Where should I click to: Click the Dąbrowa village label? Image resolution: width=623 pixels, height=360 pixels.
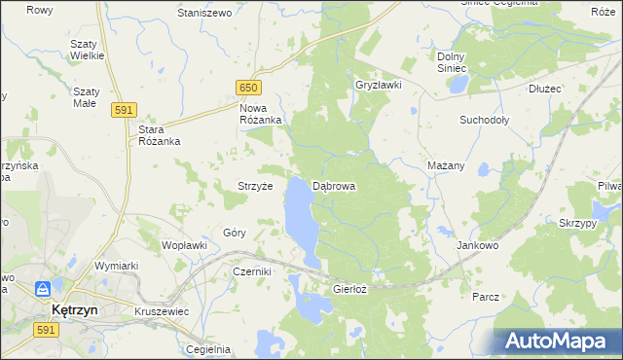click(x=334, y=185)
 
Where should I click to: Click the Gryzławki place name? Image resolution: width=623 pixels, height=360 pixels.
click(x=379, y=85)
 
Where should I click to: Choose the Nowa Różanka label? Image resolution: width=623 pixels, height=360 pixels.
click(x=260, y=114)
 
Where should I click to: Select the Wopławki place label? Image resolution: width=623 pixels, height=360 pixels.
click(x=184, y=245)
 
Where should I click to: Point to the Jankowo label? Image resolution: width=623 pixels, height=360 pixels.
click(x=477, y=246)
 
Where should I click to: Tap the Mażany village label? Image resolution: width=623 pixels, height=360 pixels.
click(x=445, y=165)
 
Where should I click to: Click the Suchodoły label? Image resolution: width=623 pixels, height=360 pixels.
click(x=484, y=121)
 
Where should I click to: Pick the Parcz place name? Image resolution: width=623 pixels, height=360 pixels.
click(x=485, y=296)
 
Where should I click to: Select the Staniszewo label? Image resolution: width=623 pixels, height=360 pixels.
click(x=203, y=14)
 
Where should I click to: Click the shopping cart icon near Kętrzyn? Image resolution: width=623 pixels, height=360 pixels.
click(x=44, y=289)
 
